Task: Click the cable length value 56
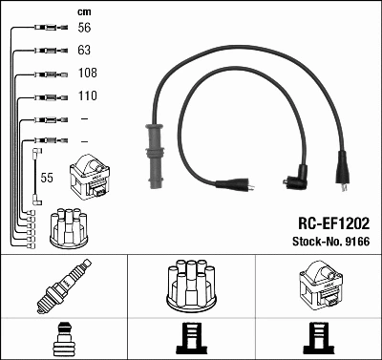coord(84,30)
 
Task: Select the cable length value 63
coord(84,52)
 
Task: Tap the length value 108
coord(87,74)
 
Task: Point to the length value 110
coord(87,96)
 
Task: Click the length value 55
coord(47,178)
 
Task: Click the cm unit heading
coord(83,11)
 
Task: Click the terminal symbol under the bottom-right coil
coord(317,339)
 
